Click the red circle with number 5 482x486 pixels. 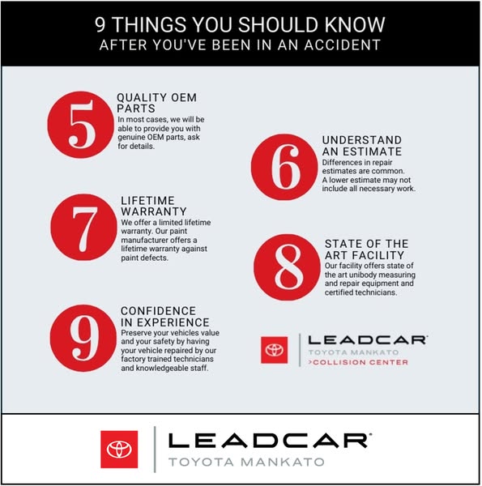tap(80, 125)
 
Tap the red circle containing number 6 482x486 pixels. tap(284, 167)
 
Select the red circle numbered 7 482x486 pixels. tap(83, 227)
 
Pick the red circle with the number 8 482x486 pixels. tap(287, 267)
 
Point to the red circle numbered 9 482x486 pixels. tap(83, 338)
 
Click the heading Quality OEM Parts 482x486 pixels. tap(156, 103)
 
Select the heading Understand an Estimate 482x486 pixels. tap(362, 146)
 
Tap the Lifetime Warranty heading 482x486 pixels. tap(154, 206)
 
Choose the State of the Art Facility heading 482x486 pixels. tap(366, 249)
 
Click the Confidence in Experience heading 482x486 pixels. tap(165, 317)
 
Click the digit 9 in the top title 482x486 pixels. tap(100, 25)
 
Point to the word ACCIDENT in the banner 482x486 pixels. tap(342, 45)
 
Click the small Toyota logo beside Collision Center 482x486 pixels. tap(275, 350)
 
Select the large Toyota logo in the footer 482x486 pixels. tap(119, 449)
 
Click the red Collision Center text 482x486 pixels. tap(358, 362)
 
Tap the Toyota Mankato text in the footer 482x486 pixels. tap(246, 462)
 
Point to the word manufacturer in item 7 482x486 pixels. tap(140, 241)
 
